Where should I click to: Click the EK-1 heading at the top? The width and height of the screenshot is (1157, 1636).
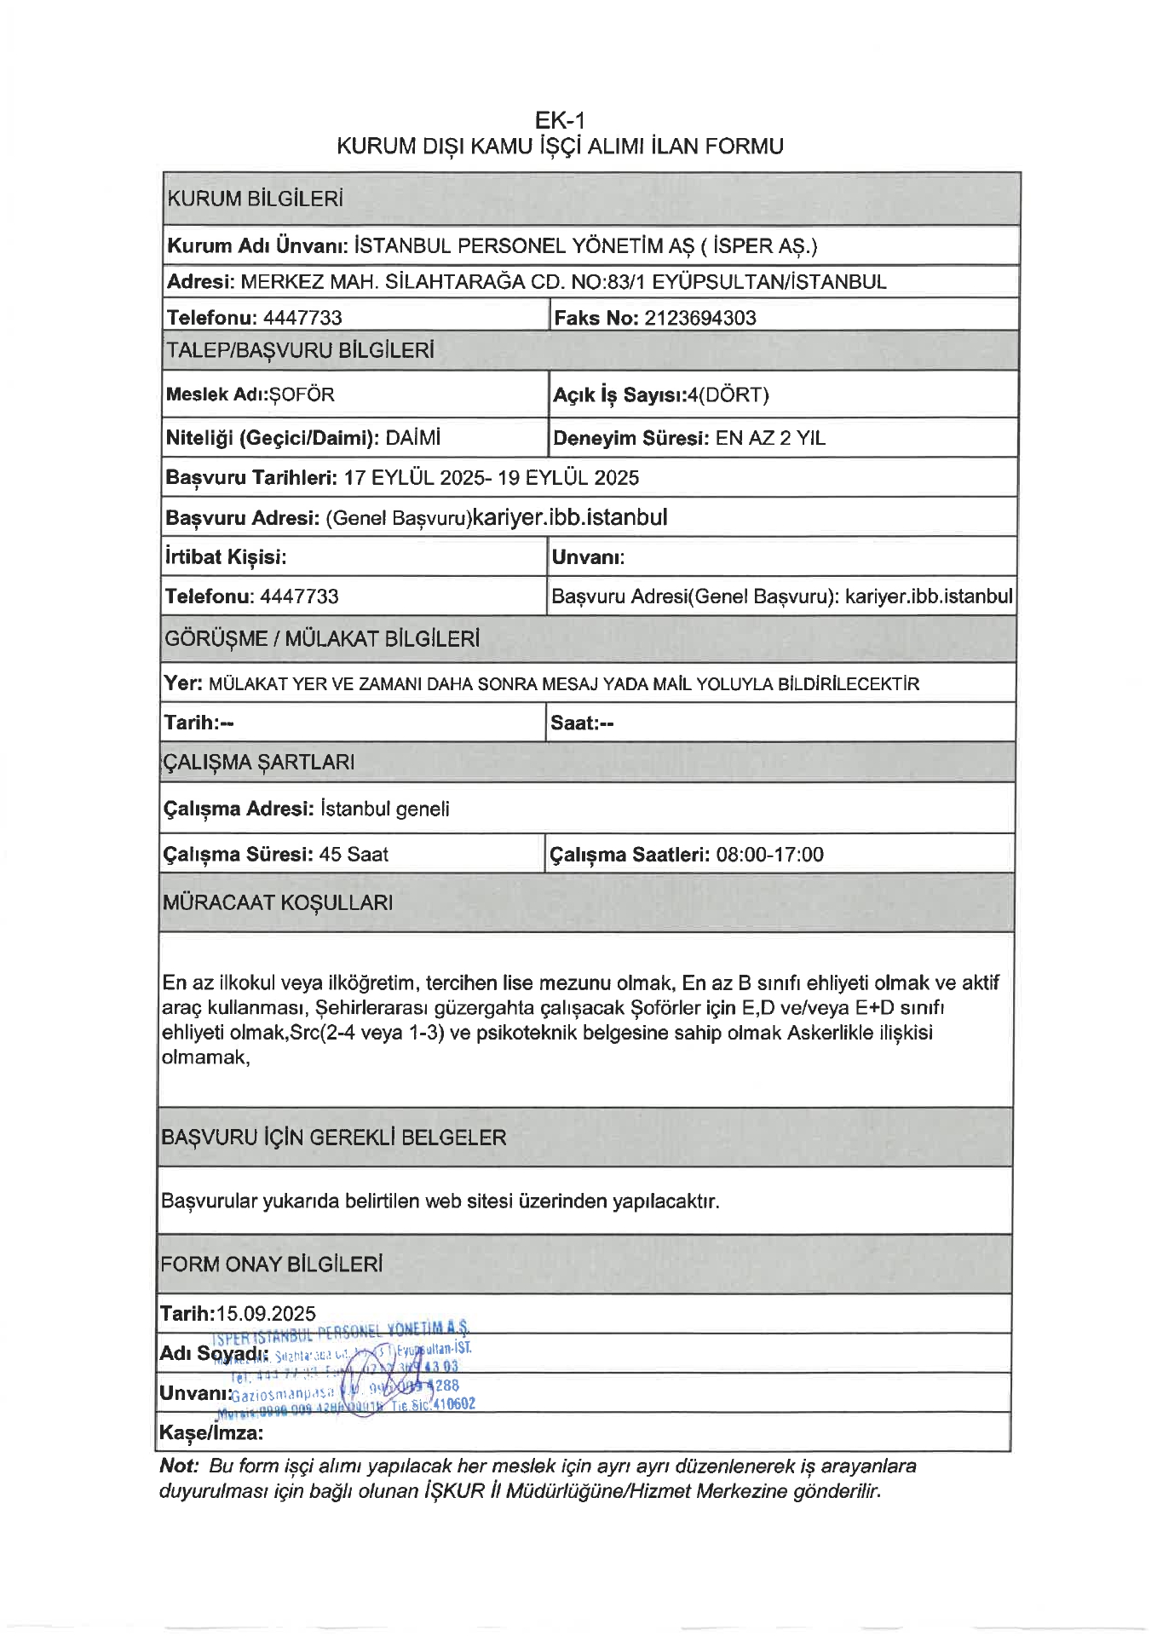(x=560, y=120)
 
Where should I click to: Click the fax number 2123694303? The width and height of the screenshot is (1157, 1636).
(x=699, y=318)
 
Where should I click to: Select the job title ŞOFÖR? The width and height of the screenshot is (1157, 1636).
(x=302, y=395)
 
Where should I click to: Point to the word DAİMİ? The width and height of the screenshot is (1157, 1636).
(x=413, y=438)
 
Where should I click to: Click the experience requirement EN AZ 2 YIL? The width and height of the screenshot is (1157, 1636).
(x=770, y=438)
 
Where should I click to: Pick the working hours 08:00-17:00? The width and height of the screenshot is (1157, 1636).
(x=769, y=854)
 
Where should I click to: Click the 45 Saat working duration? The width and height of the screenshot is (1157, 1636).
(x=354, y=854)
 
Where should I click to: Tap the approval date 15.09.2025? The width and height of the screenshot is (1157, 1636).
(x=266, y=1313)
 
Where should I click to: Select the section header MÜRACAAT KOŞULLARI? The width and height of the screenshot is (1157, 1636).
(x=278, y=902)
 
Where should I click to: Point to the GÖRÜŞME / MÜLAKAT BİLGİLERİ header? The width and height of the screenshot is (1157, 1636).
(x=322, y=638)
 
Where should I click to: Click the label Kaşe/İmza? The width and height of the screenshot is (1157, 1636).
(x=210, y=1432)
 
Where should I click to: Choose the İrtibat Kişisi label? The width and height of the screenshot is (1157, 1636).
(x=225, y=556)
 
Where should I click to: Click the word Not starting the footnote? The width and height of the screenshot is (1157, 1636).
(x=178, y=1466)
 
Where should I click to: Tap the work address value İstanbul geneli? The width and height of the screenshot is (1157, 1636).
(x=384, y=809)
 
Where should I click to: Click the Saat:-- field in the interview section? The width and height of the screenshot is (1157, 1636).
(x=582, y=723)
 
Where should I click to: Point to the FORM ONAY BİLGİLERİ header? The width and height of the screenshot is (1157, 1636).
(x=271, y=1264)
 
